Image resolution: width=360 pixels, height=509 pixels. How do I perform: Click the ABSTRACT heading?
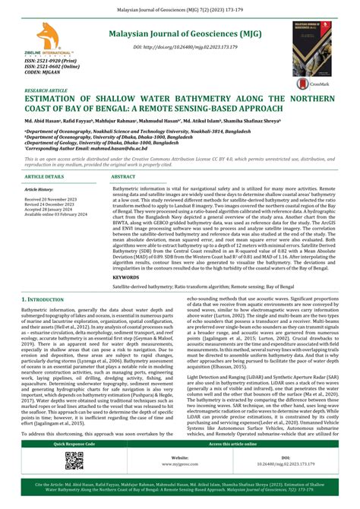pyautogui.click(x=125, y=175)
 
